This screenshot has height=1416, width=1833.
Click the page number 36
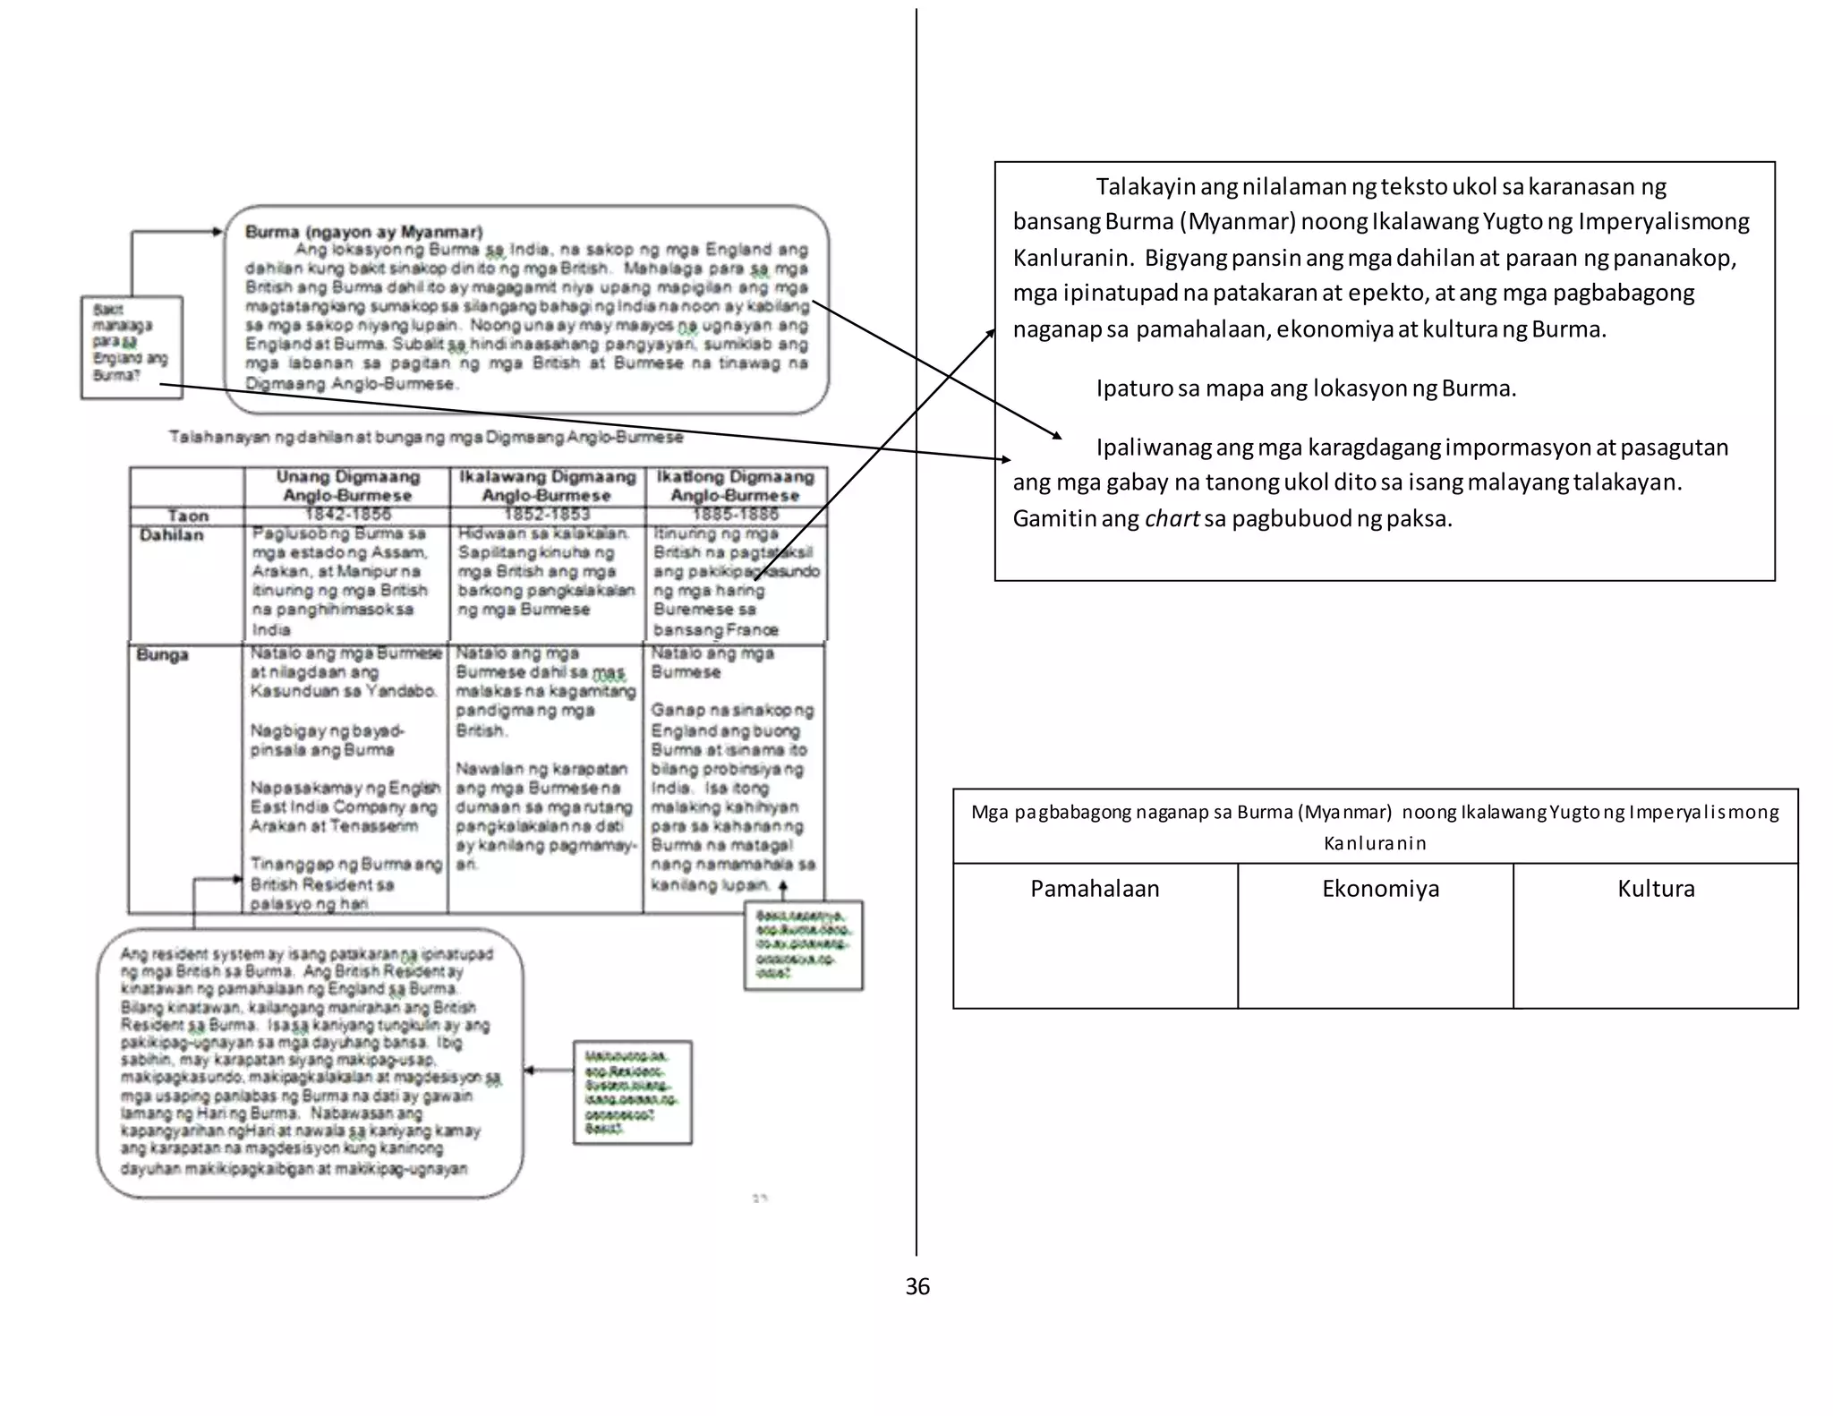click(917, 1286)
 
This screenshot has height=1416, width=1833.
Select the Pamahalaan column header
click(1095, 889)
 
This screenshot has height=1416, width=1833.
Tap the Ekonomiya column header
click(1380, 889)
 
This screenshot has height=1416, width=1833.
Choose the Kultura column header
click(1656, 889)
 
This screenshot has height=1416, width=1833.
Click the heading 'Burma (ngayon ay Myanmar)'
click(363, 232)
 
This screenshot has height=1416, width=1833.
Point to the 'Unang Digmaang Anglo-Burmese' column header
click(347, 486)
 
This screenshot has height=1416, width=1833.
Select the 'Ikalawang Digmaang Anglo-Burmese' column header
click(547, 486)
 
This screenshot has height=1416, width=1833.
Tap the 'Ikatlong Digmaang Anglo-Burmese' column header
click(735, 486)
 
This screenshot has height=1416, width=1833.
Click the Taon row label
click(187, 516)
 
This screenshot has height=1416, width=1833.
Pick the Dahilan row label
click(171, 535)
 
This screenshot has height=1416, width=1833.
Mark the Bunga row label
click(162, 654)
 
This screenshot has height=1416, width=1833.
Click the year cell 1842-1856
click(347, 515)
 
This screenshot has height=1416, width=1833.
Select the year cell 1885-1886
click(735, 515)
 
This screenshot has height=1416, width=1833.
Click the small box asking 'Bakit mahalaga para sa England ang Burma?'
click(131, 346)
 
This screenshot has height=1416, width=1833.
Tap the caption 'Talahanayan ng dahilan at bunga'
click(425, 438)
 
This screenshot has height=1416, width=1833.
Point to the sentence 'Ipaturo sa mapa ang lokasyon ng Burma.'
click(1306, 388)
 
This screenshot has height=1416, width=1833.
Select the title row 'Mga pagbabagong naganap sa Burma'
click(1375, 826)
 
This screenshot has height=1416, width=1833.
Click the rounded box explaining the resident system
click(309, 1062)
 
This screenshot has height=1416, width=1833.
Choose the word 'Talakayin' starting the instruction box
click(1146, 187)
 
